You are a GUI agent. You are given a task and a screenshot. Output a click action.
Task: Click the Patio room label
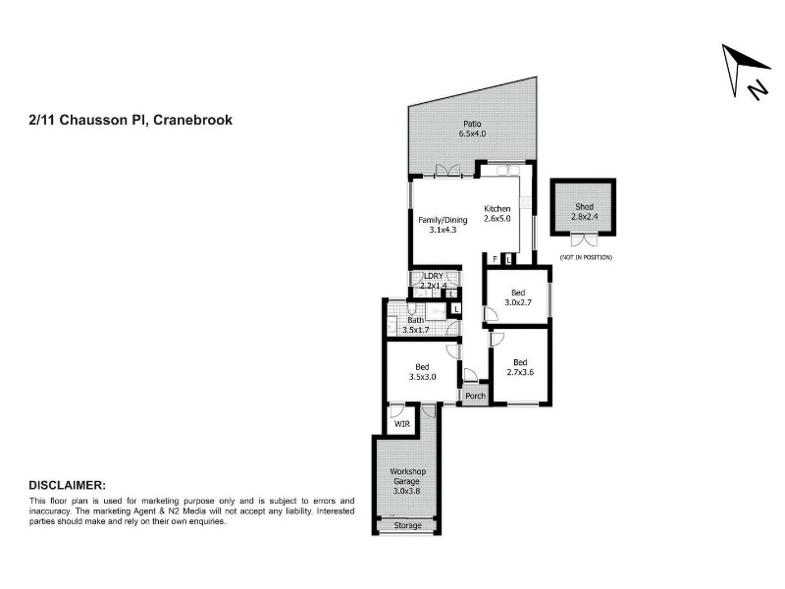pos(472,124)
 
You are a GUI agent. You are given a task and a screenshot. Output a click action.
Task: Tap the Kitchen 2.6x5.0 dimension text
pos(497,219)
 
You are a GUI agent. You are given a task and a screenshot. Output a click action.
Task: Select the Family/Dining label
pos(443,220)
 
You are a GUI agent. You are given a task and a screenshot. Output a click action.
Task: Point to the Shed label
pos(584,206)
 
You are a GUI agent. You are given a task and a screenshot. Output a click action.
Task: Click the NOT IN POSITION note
pos(586,257)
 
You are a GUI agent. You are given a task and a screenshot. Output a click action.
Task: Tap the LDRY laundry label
pos(434,276)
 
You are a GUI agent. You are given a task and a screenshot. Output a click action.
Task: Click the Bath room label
pos(415,320)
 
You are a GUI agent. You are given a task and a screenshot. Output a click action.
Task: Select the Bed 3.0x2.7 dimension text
pos(518,302)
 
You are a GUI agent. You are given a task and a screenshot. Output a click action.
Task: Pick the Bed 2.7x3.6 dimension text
pos(520,372)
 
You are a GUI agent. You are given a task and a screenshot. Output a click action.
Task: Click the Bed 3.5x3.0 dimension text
pos(422,377)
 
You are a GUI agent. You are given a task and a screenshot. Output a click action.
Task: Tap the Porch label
pos(475,396)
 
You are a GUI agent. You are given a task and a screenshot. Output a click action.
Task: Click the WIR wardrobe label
pos(402,424)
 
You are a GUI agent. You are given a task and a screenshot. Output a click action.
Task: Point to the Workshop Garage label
pos(407,476)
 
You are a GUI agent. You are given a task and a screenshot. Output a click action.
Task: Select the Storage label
pos(407,525)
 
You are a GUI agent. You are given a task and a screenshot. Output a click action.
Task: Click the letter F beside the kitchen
pos(496,259)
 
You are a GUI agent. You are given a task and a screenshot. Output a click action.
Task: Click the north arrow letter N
pos(758,89)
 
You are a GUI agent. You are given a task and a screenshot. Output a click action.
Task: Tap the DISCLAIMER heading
pos(68,485)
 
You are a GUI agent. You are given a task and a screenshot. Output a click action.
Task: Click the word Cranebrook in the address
pos(192,120)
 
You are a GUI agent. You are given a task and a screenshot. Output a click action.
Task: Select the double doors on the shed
pos(584,241)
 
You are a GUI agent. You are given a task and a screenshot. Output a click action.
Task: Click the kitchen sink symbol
pos(508,170)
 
